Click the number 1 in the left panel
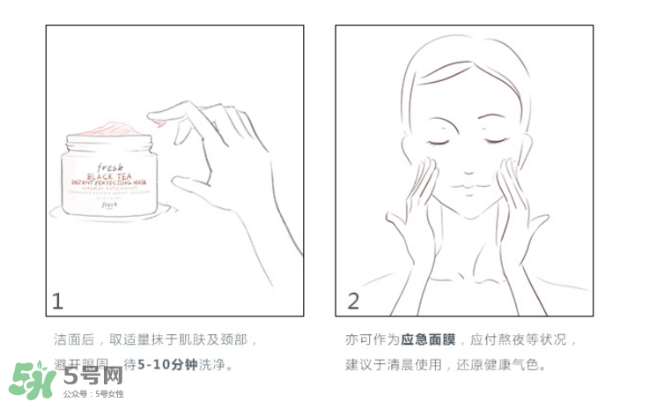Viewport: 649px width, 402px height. pyautogui.click(x=58, y=301)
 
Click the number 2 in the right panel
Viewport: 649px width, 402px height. pyautogui.click(x=353, y=301)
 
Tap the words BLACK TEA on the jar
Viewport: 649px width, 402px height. pyautogui.click(x=111, y=173)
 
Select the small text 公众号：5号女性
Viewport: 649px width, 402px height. pyautogui.click(x=93, y=393)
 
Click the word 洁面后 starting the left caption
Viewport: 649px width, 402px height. pyautogui.click(x=71, y=339)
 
